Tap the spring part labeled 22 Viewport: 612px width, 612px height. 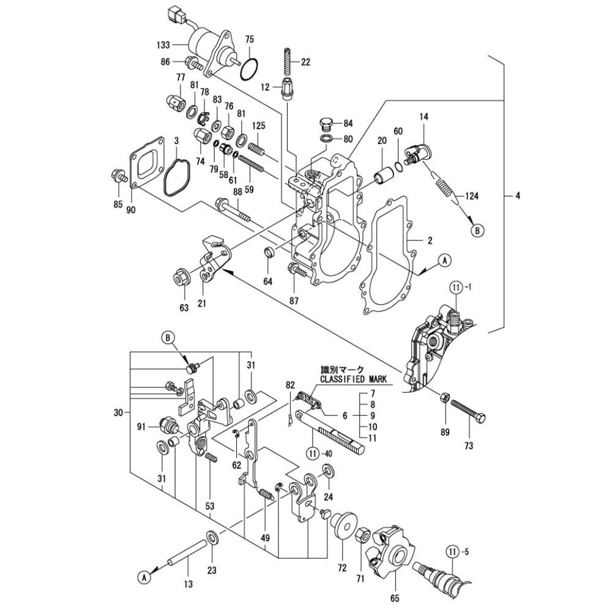289,61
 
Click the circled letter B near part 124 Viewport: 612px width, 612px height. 477,231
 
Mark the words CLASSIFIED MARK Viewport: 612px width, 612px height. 354,379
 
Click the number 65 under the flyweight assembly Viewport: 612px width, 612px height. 395,597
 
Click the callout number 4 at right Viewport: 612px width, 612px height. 517,196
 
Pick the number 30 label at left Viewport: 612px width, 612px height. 119,412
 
